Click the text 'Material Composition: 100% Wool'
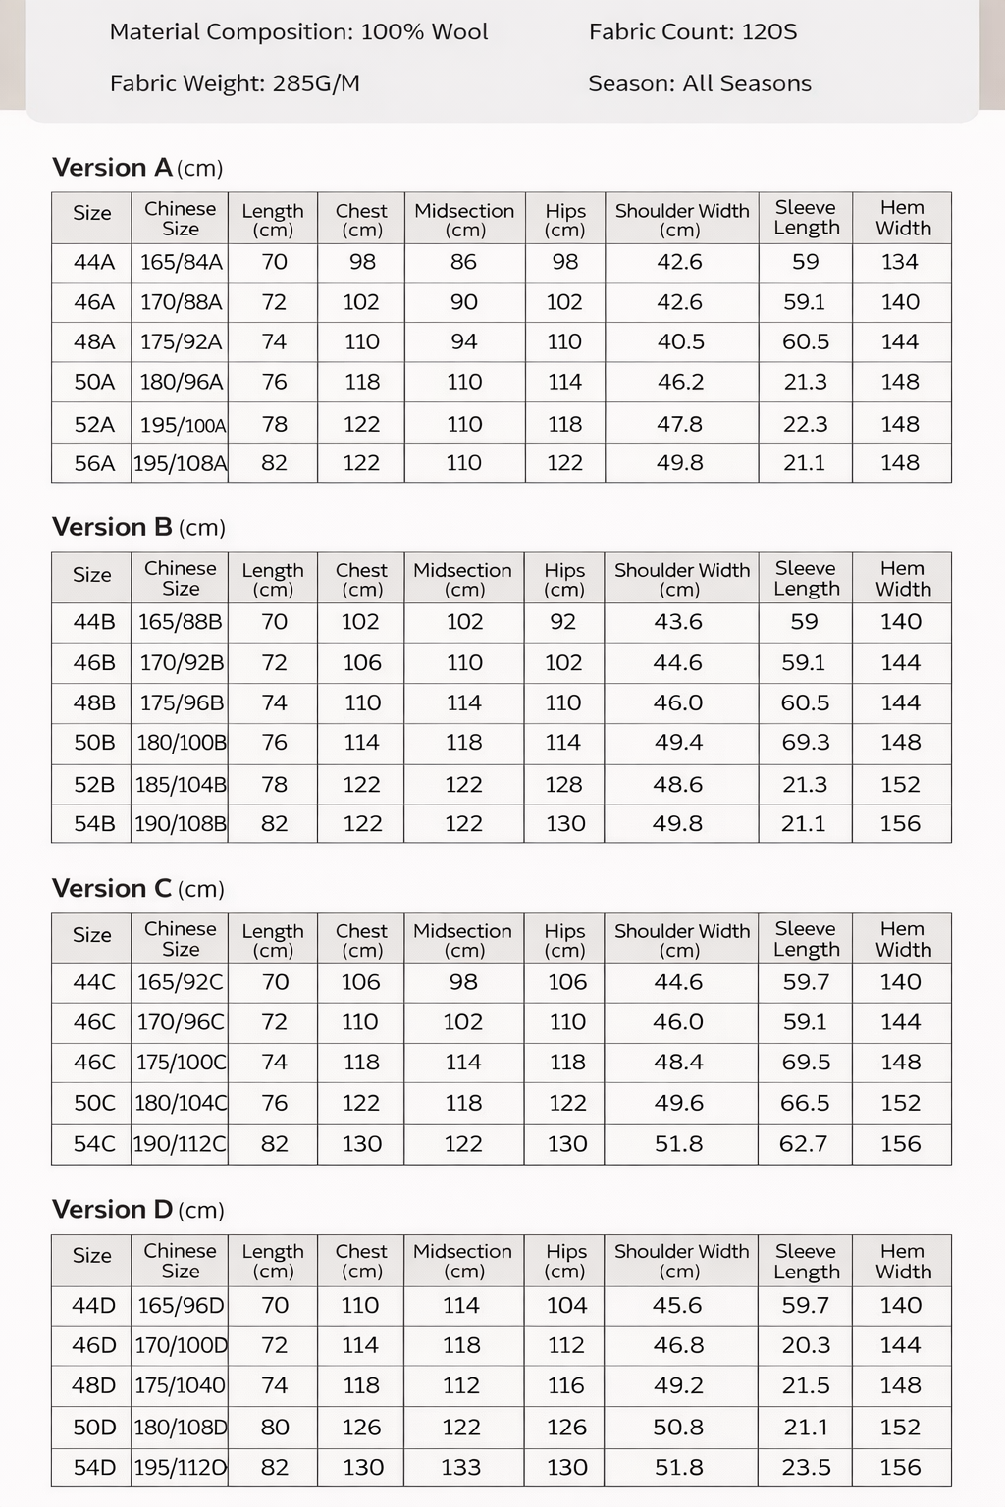[298, 31]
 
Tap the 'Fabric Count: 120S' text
[693, 31]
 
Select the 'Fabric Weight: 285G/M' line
[235, 83]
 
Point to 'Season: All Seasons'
[700, 83]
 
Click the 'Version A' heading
[113, 167]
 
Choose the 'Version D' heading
[113, 1209]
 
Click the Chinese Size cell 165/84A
[181, 262]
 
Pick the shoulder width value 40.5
[680, 341]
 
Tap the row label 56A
[94, 463]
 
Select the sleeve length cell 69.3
[805, 743]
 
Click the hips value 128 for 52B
[564, 784]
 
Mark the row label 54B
[94, 824]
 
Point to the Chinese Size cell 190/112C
[181, 1144]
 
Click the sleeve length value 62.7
[804, 1144]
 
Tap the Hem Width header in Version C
[902, 939]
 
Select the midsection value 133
[461, 1468]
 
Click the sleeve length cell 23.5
[806, 1468]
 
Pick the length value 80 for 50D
[275, 1428]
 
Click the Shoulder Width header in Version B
[681, 579]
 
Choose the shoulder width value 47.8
[680, 424]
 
